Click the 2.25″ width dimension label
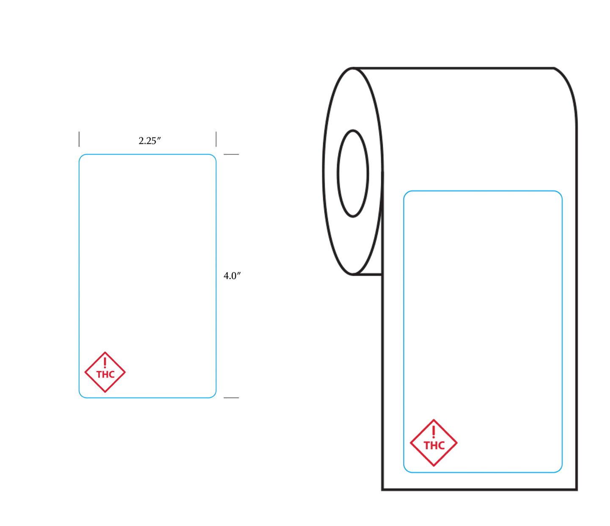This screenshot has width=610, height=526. tap(150, 141)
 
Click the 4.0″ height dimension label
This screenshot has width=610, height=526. tap(232, 276)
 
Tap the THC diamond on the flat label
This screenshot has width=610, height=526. tap(105, 351)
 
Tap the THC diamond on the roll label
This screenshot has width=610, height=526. tap(434, 419)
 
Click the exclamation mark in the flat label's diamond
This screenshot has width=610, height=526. tap(105, 362)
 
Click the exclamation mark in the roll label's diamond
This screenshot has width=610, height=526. tap(433, 432)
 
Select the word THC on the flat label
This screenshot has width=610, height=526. tap(105, 375)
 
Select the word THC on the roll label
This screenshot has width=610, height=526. tap(434, 446)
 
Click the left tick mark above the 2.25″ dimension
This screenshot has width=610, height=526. tap(79, 139)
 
